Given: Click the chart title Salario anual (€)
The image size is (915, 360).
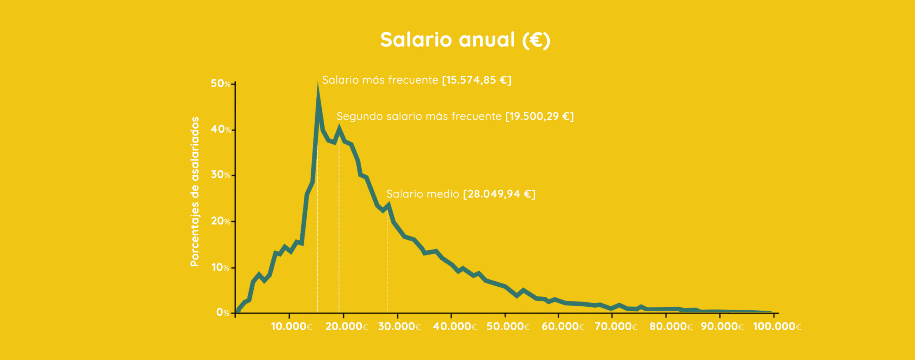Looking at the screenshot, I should click(x=465, y=40).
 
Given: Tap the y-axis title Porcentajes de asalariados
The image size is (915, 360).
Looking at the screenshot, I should click(x=195, y=192).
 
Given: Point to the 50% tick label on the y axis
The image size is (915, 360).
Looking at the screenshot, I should click(x=221, y=84).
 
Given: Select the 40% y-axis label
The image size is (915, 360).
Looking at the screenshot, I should click(x=221, y=129).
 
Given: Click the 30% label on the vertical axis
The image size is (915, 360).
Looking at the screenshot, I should click(x=221, y=175).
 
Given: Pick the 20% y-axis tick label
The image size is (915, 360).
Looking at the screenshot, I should click(x=221, y=221).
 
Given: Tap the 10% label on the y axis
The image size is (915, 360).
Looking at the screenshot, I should click(x=221, y=267).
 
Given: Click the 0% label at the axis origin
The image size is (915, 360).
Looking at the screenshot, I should click(x=223, y=313).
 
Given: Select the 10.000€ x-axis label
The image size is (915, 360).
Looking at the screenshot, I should click(x=292, y=326).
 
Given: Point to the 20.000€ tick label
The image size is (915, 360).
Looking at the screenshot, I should click(x=347, y=326).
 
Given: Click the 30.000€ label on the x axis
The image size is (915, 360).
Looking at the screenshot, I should click(x=400, y=326).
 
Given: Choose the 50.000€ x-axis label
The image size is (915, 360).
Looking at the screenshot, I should click(x=508, y=326).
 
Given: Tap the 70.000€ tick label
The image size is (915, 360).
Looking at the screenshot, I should click(x=616, y=326).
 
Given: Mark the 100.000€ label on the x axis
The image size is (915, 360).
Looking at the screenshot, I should click(x=777, y=326).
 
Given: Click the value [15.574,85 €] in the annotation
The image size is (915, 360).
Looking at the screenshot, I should click(x=477, y=80).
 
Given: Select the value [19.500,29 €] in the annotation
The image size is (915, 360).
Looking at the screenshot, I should click(x=540, y=117).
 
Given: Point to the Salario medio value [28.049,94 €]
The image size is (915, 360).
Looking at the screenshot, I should click(x=499, y=194).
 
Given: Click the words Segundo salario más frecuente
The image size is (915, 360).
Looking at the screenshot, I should click(x=419, y=117).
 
